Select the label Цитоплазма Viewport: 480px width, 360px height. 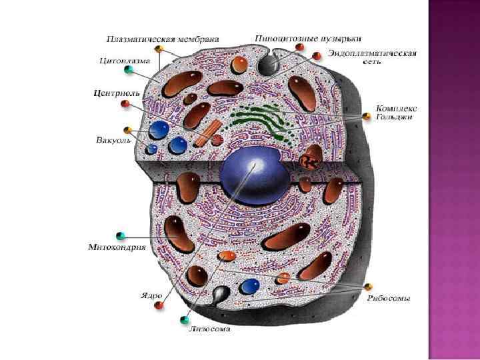point(125,61)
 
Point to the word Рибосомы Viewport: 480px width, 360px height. point(389,298)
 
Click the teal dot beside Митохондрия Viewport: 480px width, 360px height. point(121,235)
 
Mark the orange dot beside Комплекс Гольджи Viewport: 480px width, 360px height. point(366,117)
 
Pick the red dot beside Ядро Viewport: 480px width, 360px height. point(159,305)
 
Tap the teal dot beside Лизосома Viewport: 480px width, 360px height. point(185,321)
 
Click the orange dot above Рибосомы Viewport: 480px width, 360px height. point(368,287)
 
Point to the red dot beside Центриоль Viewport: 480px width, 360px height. point(124,105)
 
